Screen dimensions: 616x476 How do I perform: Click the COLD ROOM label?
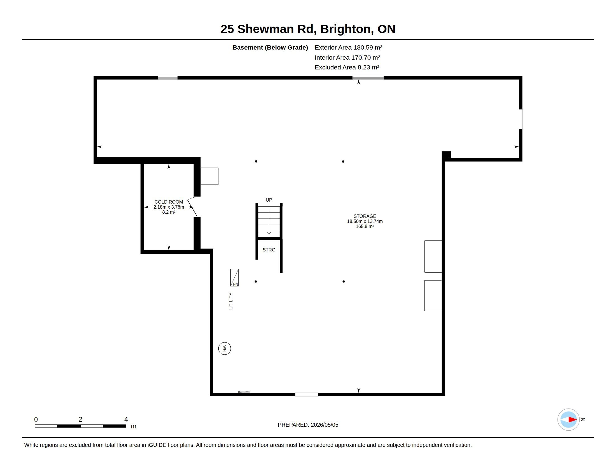169,202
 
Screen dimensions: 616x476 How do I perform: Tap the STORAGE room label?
365,216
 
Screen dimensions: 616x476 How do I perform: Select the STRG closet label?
269,250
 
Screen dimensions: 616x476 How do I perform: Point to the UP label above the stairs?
269,200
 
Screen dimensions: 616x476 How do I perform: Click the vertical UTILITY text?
231,301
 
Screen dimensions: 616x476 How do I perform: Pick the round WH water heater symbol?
225,349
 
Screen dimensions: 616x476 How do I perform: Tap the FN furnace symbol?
234,278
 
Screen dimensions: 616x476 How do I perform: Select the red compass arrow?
573,420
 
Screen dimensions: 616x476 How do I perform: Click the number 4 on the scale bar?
126,419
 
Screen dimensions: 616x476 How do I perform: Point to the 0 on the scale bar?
36,419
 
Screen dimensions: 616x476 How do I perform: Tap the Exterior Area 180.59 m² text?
348,47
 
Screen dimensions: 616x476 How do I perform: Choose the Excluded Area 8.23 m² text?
347,67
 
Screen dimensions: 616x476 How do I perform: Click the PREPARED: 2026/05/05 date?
308,425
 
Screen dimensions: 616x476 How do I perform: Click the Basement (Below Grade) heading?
270,47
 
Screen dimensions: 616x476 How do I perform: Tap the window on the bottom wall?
307,395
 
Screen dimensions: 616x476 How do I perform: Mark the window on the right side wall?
521,119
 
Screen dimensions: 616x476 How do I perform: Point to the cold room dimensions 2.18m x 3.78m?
169,207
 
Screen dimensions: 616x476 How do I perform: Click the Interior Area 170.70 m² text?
347,57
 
